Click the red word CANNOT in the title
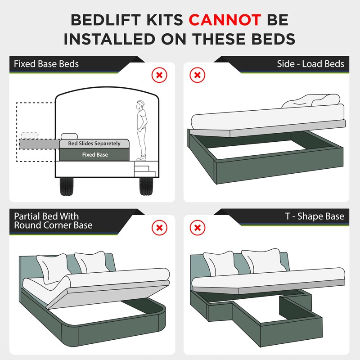[225, 20]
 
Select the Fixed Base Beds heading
[46, 63]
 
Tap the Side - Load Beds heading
[310, 63]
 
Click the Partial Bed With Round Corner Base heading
[53, 220]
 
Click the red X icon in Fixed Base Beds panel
[159, 75]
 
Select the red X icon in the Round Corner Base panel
[159, 228]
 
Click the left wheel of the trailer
[71, 186]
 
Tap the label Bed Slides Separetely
[94, 144]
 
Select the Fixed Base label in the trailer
[95, 154]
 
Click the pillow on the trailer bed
[69, 136]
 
